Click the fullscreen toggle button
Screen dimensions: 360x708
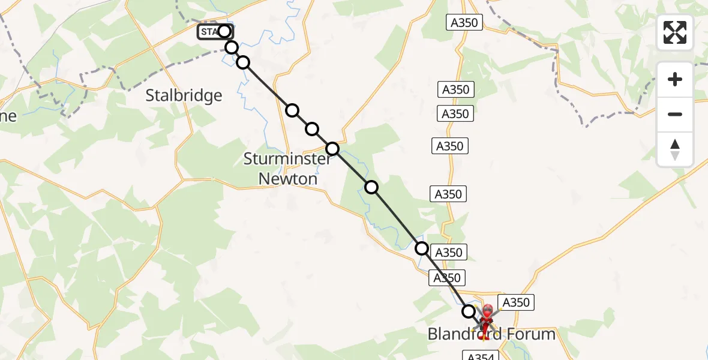[675, 32]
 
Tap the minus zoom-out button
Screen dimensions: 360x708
[675, 114]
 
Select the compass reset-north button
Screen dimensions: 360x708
[675, 149]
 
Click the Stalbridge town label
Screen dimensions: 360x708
[184, 95]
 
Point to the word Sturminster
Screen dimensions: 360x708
[287, 159]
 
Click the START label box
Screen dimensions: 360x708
[210, 32]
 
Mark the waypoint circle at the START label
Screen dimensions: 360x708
[224, 31]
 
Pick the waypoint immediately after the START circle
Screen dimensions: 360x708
[232, 47]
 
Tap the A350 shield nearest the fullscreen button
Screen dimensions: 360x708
[465, 23]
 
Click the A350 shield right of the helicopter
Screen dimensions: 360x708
[515, 302]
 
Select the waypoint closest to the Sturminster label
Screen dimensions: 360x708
[332, 149]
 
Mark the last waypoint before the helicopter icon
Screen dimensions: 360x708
[469, 311]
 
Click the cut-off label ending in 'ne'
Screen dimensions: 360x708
[8, 116]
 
